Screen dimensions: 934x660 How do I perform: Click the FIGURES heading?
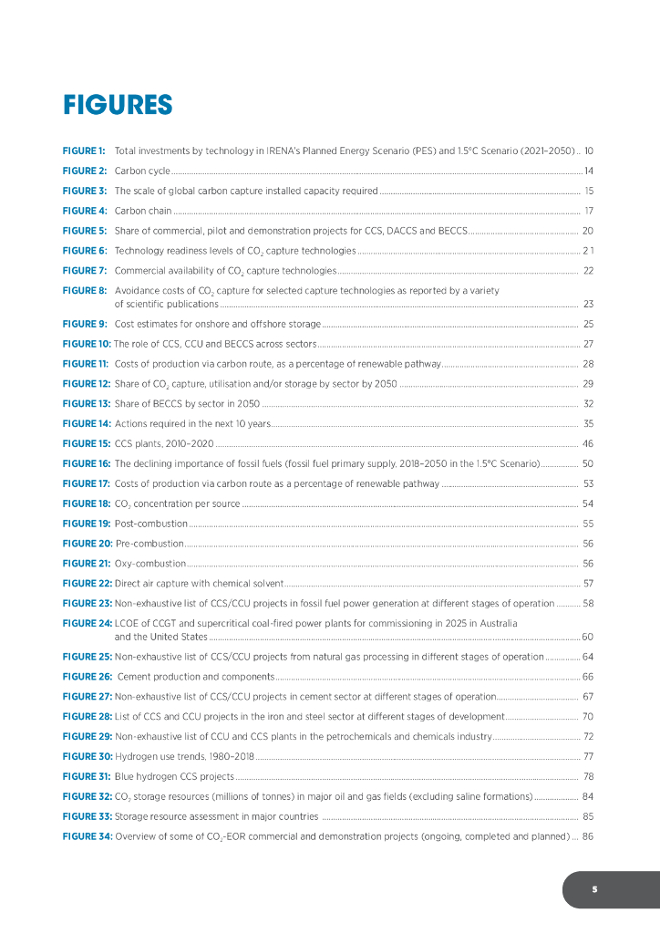(118, 105)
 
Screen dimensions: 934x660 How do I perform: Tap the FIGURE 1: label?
(84, 150)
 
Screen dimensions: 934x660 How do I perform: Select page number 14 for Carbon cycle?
(589, 171)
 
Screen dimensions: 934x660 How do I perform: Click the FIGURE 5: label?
(84, 231)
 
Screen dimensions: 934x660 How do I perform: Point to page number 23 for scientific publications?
(589, 304)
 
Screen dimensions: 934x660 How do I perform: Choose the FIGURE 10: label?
(87, 344)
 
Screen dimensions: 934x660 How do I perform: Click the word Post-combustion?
(151, 524)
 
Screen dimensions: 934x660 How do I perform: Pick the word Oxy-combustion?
(150, 564)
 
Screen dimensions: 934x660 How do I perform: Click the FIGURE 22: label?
(87, 583)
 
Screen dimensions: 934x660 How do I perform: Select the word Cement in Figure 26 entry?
(136, 676)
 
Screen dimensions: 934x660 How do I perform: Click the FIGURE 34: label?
(87, 836)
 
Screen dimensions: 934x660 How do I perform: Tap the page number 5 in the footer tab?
(593, 889)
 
